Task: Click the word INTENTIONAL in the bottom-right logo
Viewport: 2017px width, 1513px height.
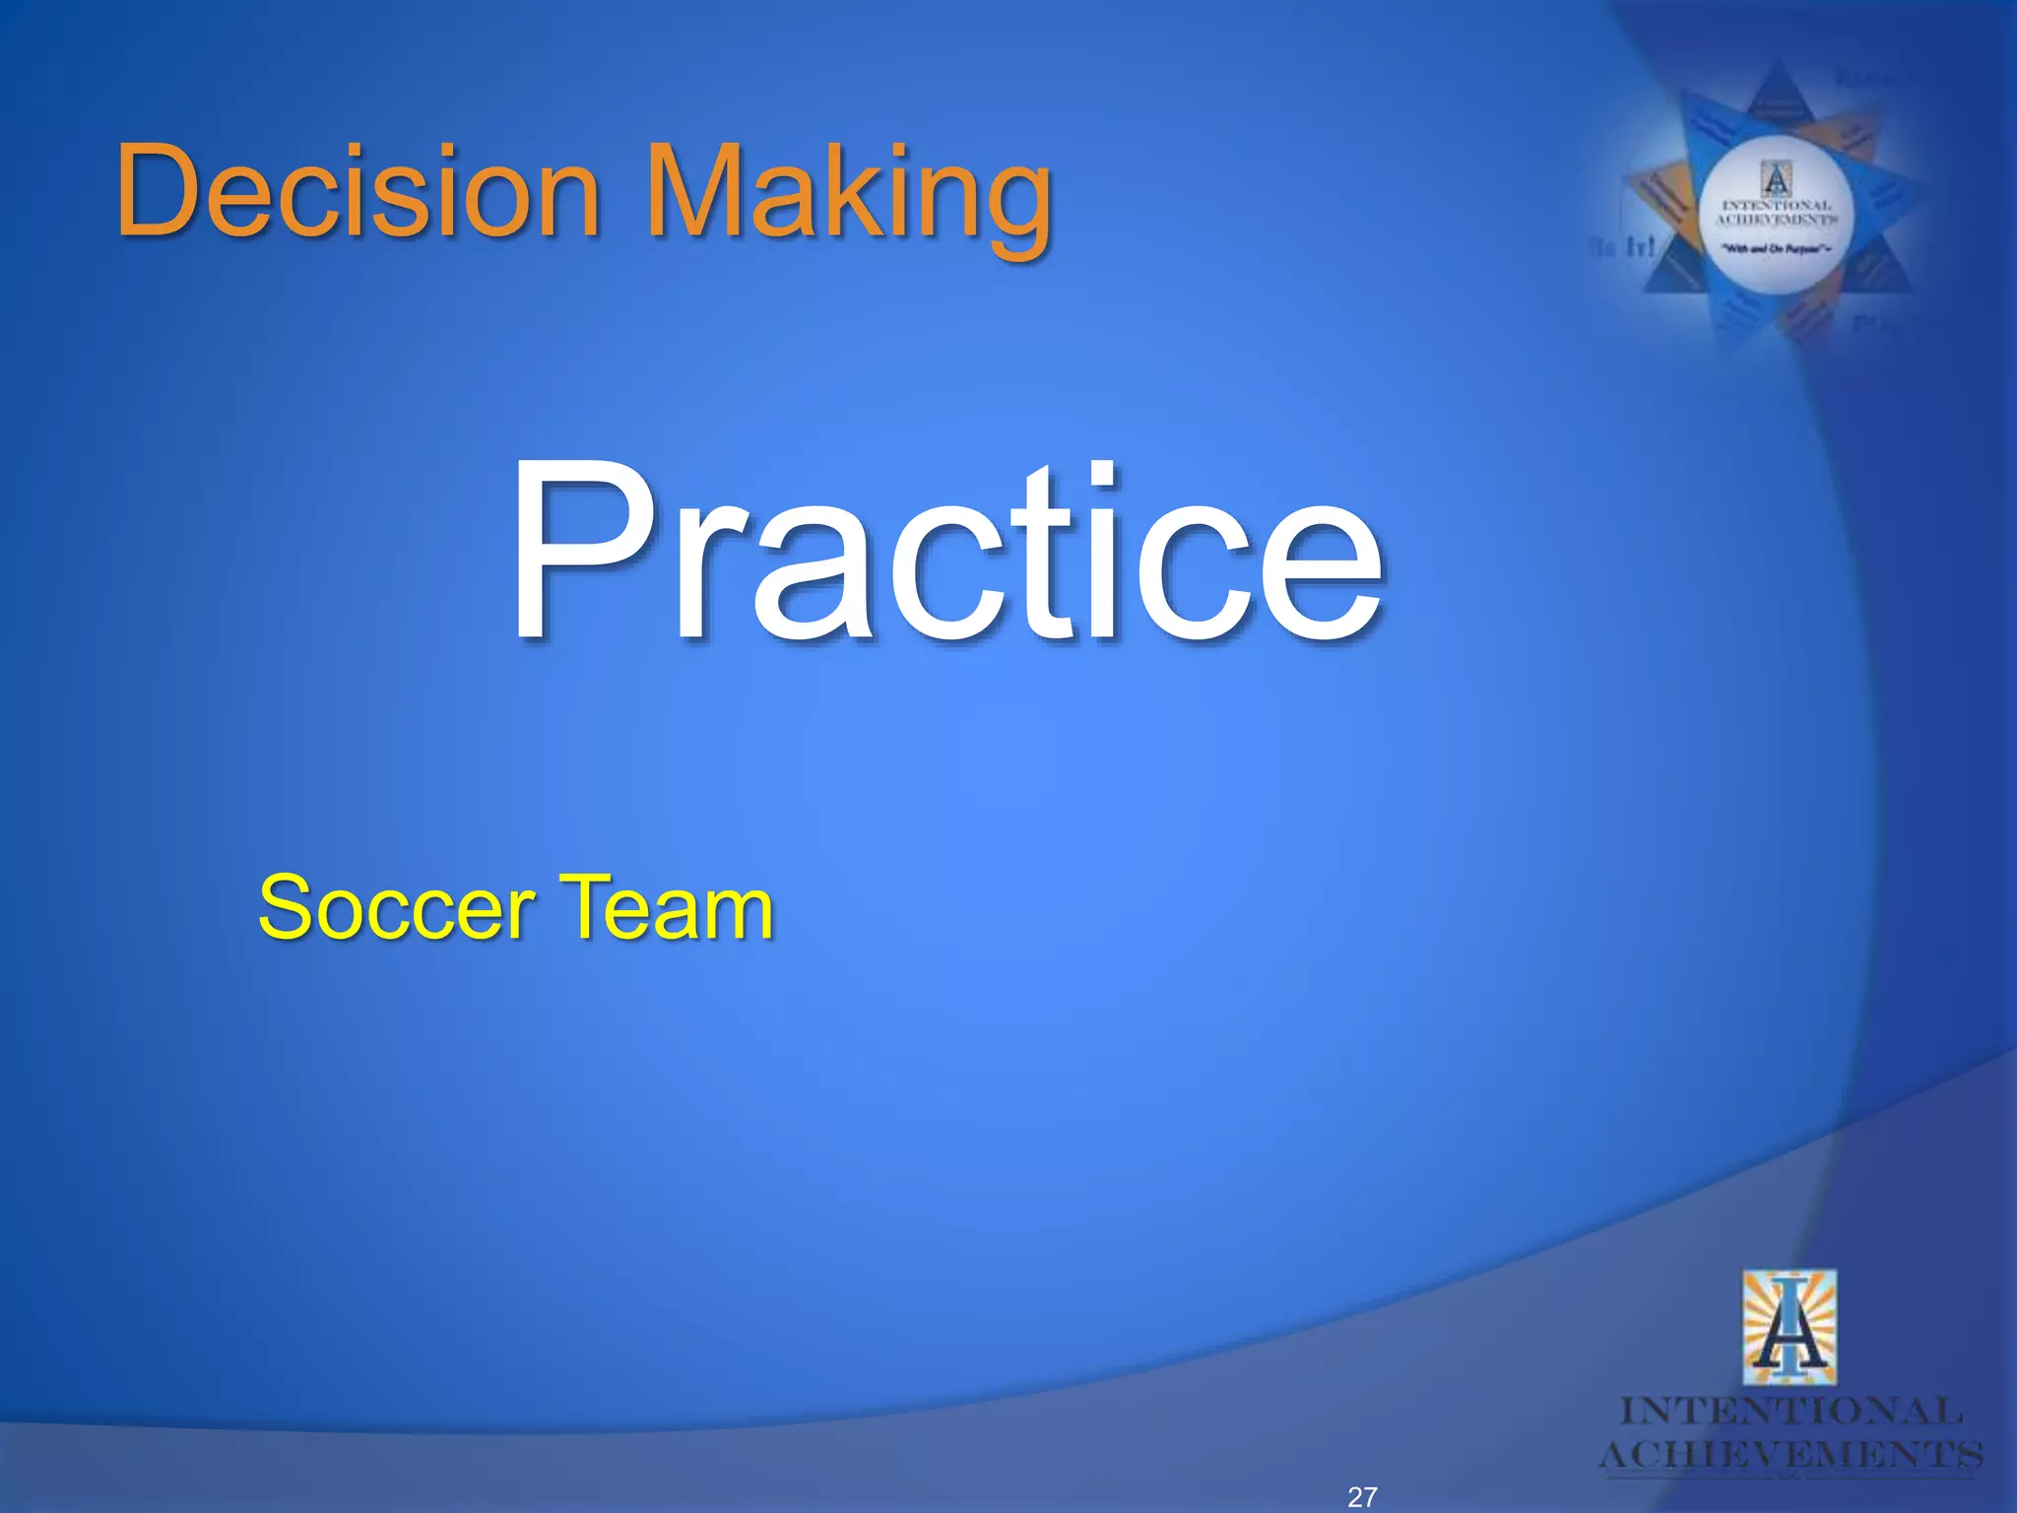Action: click(1790, 1412)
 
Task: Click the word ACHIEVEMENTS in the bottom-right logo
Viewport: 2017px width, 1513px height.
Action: click(1790, 1455)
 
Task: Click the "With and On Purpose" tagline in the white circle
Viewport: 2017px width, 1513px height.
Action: click(1777, 249)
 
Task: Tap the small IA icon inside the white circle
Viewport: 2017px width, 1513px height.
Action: click(1776, 180)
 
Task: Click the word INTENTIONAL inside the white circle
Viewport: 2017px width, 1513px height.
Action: click(1777, 206)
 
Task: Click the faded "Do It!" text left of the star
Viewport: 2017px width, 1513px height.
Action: click(1620, 247)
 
